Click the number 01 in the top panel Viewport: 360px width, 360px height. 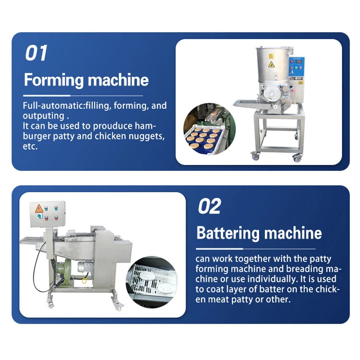pos(36,53)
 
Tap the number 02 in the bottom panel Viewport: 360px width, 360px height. pos(209,207)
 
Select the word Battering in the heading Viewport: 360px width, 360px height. pos(228,233)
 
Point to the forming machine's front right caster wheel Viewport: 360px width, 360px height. pos(298,157)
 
